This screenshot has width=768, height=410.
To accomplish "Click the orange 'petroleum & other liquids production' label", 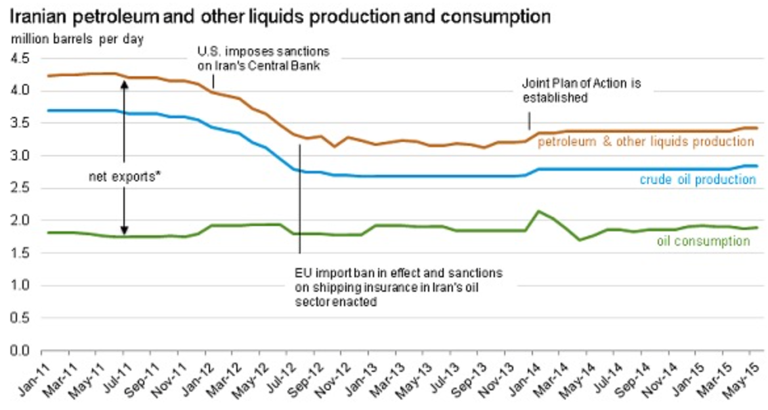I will coord(646,141).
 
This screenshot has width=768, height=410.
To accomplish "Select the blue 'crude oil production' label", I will coord(698,179).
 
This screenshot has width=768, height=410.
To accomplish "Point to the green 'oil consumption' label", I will coord(703,241).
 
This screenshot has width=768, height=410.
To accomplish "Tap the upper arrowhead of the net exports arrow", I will coord(124,82).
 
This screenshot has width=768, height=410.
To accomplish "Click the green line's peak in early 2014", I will coord(539,211).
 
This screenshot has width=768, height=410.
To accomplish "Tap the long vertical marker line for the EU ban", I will coord(299,197).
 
